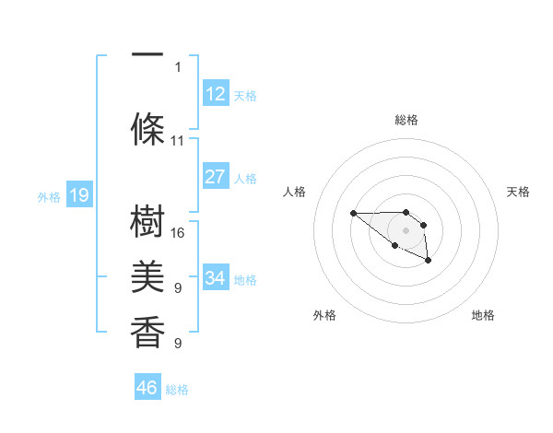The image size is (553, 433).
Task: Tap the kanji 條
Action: [147, 128]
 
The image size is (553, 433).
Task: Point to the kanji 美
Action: [147, 276]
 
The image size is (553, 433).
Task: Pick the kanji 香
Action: [147, 331]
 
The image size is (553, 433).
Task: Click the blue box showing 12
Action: [215, 93]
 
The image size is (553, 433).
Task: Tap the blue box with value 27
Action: [215, 177]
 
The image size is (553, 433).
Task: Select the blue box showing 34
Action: [215, 277]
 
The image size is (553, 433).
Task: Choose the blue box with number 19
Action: [78, 194]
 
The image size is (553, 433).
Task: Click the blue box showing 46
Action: [147, 387]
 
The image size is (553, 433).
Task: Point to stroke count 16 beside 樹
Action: [178, 233]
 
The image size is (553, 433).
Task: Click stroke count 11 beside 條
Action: [178, 141]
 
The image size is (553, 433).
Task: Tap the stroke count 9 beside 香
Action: [178, 344]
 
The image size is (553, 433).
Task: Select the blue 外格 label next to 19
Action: [48, 196]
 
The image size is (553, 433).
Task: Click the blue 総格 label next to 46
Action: [177, 390]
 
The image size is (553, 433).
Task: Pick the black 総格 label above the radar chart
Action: [406, 120]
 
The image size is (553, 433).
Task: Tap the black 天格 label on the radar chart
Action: [519, 192]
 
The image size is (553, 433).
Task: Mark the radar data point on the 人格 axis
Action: [354, 214]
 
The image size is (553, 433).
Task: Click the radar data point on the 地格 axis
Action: [429, 262]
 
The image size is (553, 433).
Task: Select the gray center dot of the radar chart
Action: [406, 229]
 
